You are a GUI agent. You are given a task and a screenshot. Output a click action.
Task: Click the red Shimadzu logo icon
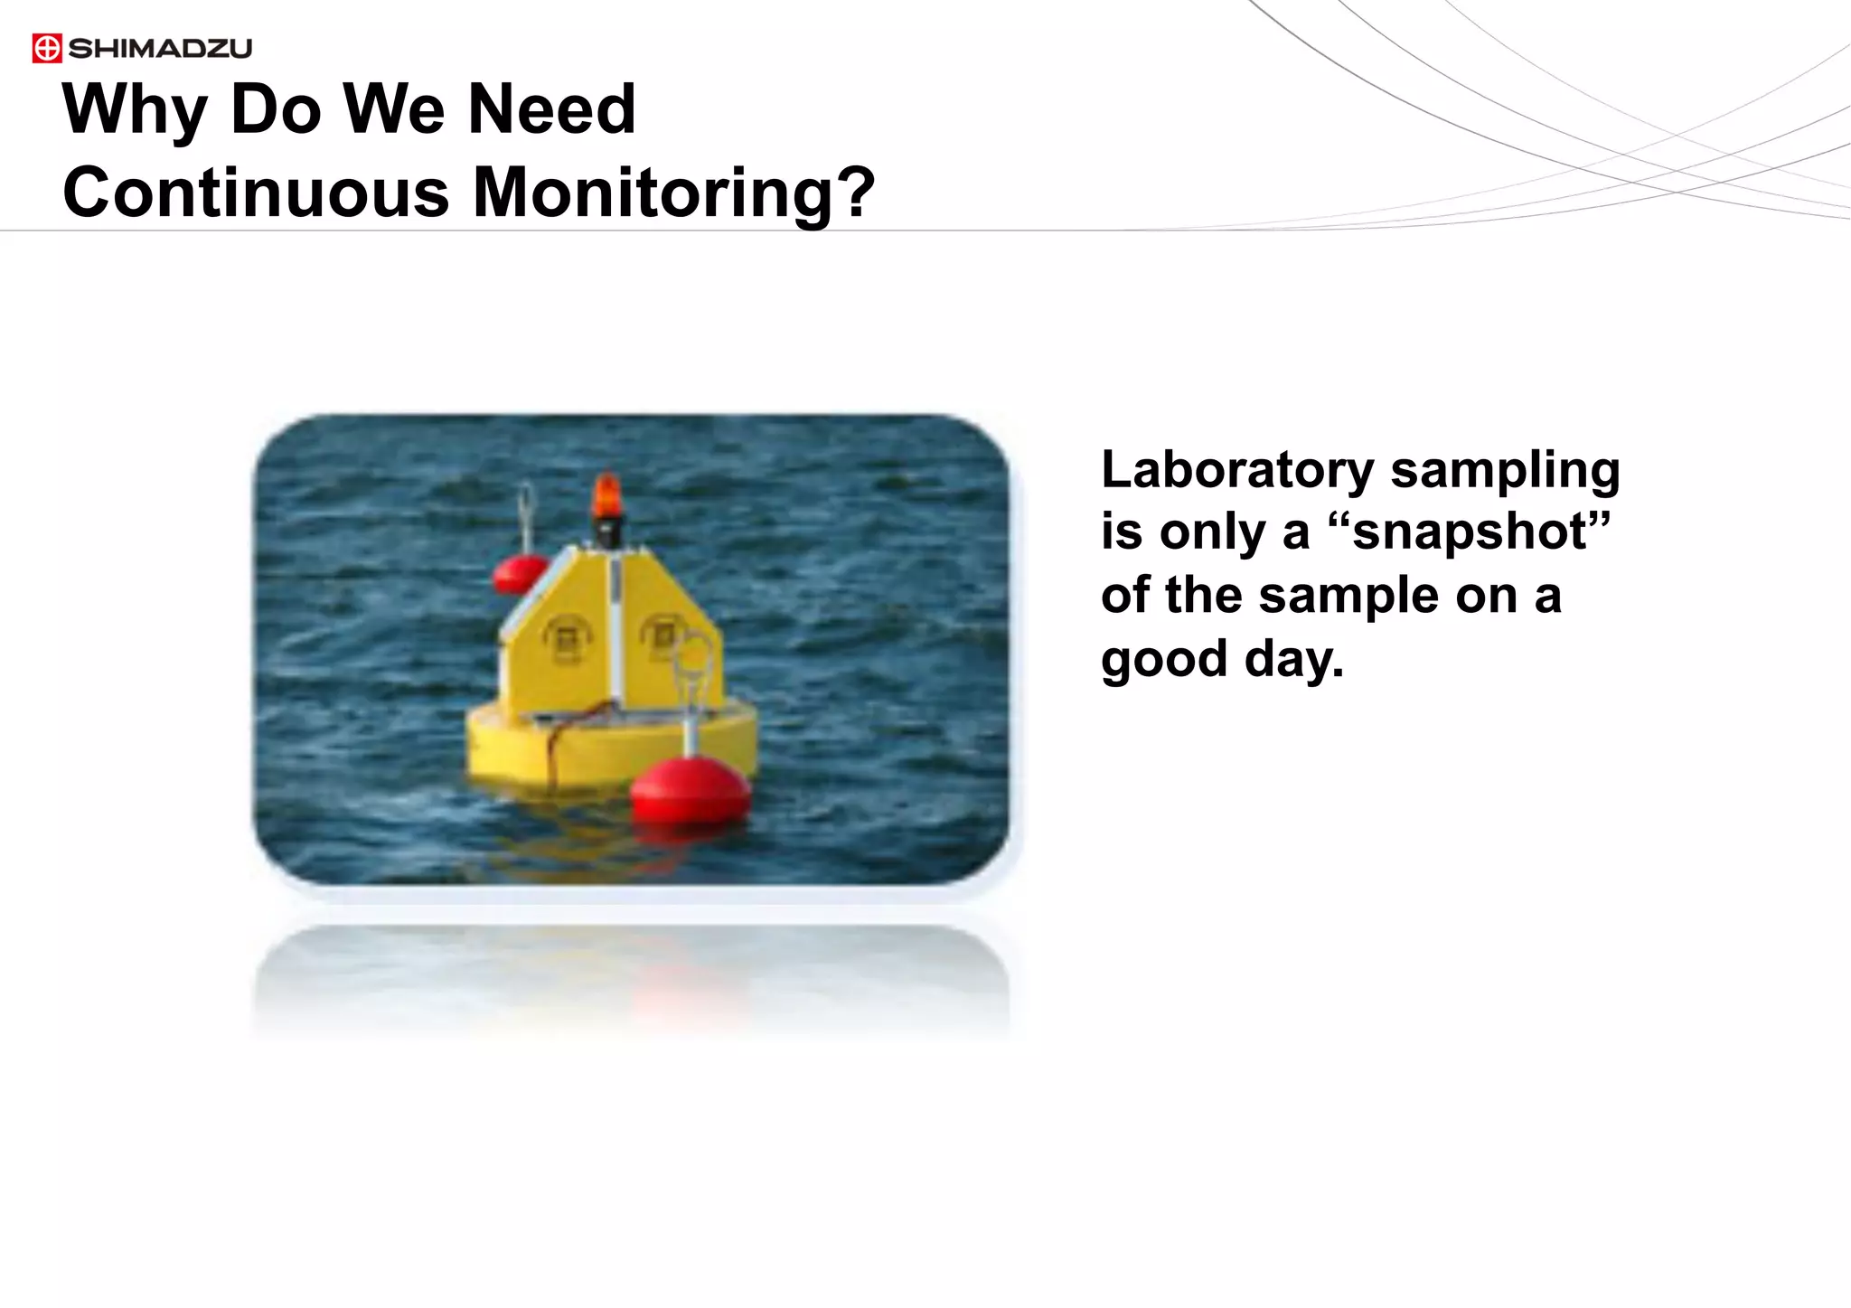pos(47,48)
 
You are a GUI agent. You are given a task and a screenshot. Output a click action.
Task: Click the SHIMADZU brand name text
pos(160,48)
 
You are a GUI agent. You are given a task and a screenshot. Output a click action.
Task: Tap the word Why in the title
pos(134,110)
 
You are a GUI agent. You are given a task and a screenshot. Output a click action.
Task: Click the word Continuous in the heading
pos(256,193)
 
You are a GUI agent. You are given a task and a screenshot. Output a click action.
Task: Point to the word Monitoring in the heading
pos(651,193)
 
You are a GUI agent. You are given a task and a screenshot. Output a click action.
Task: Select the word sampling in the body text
pos(1505,471)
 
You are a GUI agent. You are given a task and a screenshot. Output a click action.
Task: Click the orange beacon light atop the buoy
pos(606,497)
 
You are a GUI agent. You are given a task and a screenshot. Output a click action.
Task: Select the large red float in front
pos(691,788)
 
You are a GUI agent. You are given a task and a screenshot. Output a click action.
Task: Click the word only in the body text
pos(1210,532)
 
